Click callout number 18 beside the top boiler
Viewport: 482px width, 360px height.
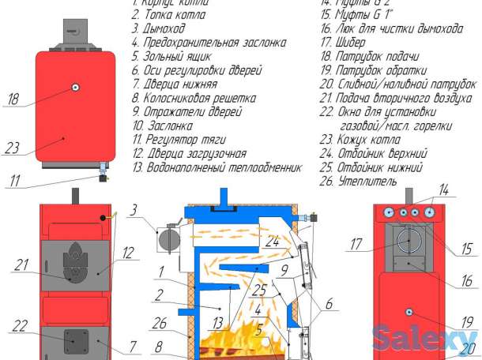tap(13, 99)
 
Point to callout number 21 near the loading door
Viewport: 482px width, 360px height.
tap(21, 266)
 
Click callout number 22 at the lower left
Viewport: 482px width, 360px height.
tap(21, 325)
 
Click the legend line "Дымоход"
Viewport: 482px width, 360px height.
tap(163, 28)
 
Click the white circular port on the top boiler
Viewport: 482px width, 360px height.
tap(75, 88)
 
